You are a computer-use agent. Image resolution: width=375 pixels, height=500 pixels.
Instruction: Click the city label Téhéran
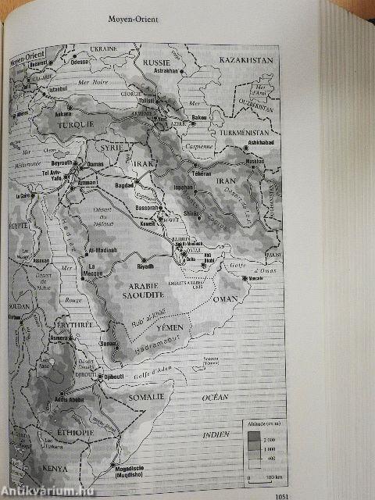point(203,173)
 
